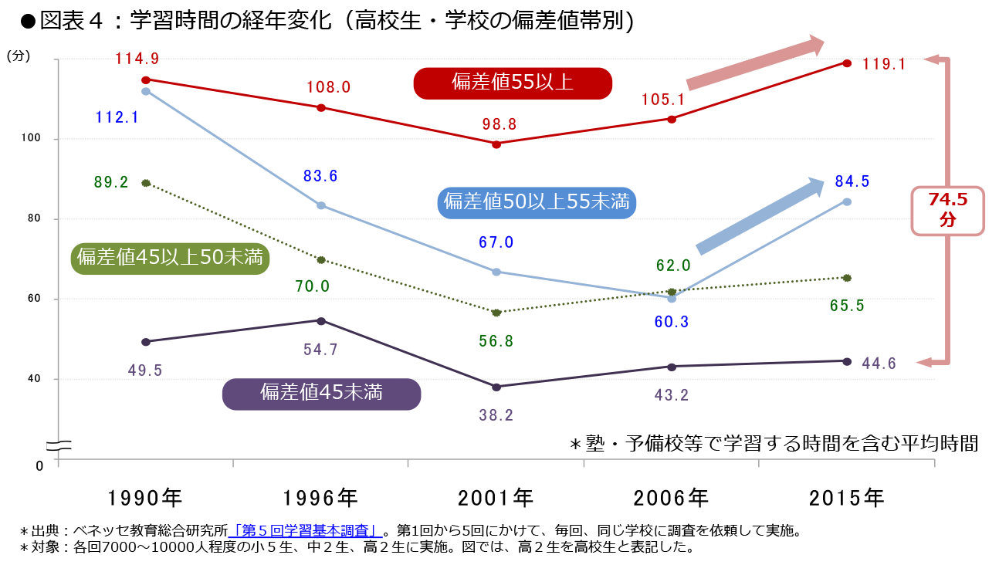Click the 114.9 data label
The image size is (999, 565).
click(137, 59)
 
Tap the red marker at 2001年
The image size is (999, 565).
click(496, 144)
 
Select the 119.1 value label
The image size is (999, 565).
click(884, 65)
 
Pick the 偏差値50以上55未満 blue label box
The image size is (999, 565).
click(537, 202)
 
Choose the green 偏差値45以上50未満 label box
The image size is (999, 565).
click(169, 258)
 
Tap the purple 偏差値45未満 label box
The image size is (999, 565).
click(321, 393)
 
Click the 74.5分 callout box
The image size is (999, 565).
click(947, 210)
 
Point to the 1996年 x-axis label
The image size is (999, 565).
click(320, 498)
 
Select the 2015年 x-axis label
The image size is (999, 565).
click(846, 498)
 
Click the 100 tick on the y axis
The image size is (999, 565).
click(38, 139)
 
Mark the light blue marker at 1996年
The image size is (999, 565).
click(321, 205)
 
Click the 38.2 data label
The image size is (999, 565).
click(496, 415)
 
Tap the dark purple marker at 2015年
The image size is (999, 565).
click(847, 361)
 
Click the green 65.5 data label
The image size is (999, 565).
click(847, 306)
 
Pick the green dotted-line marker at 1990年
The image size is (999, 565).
click(146, 183)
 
